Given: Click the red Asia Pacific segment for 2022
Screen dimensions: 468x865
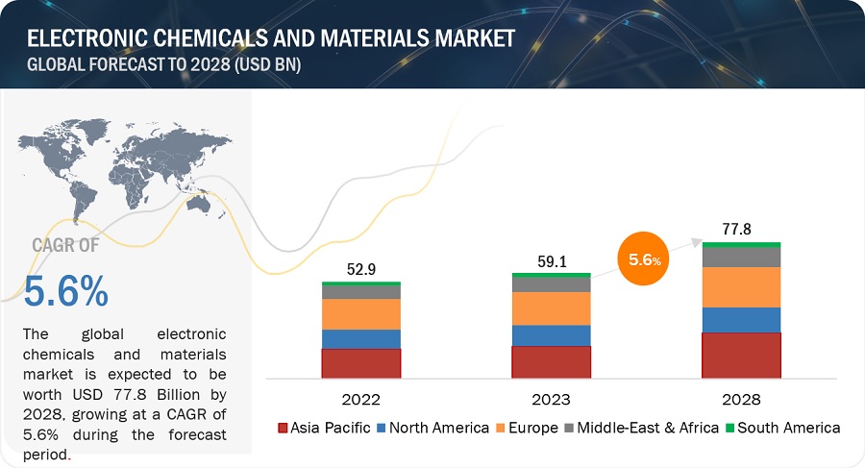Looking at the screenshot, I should [x=360, y=362].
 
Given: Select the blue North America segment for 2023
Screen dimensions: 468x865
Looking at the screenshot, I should [x=551, y=334].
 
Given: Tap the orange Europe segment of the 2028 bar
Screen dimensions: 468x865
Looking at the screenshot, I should [x=741, y=286].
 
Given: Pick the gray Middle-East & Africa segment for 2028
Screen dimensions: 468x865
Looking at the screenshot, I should [x=741, y=257].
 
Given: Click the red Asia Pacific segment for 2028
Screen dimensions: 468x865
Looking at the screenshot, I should [x=741, y=355].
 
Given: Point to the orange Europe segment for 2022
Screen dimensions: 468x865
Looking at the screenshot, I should [x=360, y=314].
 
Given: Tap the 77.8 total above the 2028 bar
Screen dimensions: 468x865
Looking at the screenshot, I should [x=741, y=229].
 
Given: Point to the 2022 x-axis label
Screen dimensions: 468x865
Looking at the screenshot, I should [x=360, y=399].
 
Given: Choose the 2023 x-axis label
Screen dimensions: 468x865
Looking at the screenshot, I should [x=551, y=399].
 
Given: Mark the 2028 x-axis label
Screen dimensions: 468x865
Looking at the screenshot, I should [x=741, y=399].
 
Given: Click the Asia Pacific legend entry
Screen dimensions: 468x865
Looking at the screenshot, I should [x=324, y=428].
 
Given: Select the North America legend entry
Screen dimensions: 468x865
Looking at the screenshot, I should [x=433, y=428].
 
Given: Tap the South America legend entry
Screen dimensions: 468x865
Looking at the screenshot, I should [x=783, y=428].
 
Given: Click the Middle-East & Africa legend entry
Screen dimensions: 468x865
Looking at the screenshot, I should [x=643, y=428].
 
